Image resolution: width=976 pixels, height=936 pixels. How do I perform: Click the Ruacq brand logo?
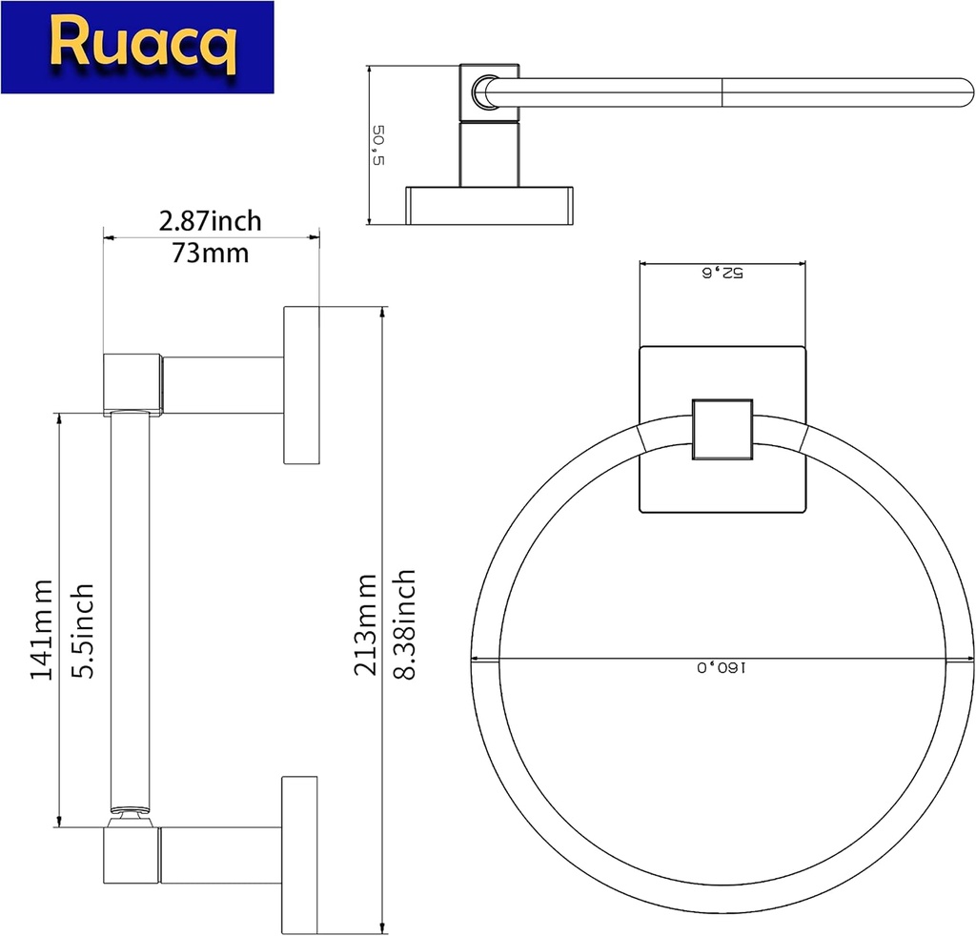pyautogui.click(x=136, y=47)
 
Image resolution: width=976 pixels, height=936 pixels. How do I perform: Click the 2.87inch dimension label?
pyautogui.click(x=210, y=221)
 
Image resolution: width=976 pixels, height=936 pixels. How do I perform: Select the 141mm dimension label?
pyautogui.click(x=40, y=629)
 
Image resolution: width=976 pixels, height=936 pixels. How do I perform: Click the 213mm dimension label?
pyautogui.click(x=364, y=624)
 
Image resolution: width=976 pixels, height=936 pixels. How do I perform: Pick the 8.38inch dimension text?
pyautogui.click(x=404, y=623)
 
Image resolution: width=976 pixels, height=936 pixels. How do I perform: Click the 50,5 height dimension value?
pyautogui.click(x=379, y=145)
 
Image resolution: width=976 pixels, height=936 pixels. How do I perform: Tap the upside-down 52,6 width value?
pyautogui.click(x=722, y=273)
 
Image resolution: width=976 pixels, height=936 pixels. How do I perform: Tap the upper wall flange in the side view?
pyautogui.click(x=300, y=385)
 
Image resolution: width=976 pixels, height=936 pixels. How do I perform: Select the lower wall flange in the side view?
pyautogui.click(x=300, y=854)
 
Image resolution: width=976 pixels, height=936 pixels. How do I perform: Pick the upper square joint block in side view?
pyautogui.click(x=132, y=383)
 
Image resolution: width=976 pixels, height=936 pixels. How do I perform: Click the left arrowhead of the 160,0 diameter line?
pyautogui.click(x=477, y=659)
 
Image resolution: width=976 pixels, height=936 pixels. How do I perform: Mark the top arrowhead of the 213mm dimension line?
pyautogui.click(x=383, y=313)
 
